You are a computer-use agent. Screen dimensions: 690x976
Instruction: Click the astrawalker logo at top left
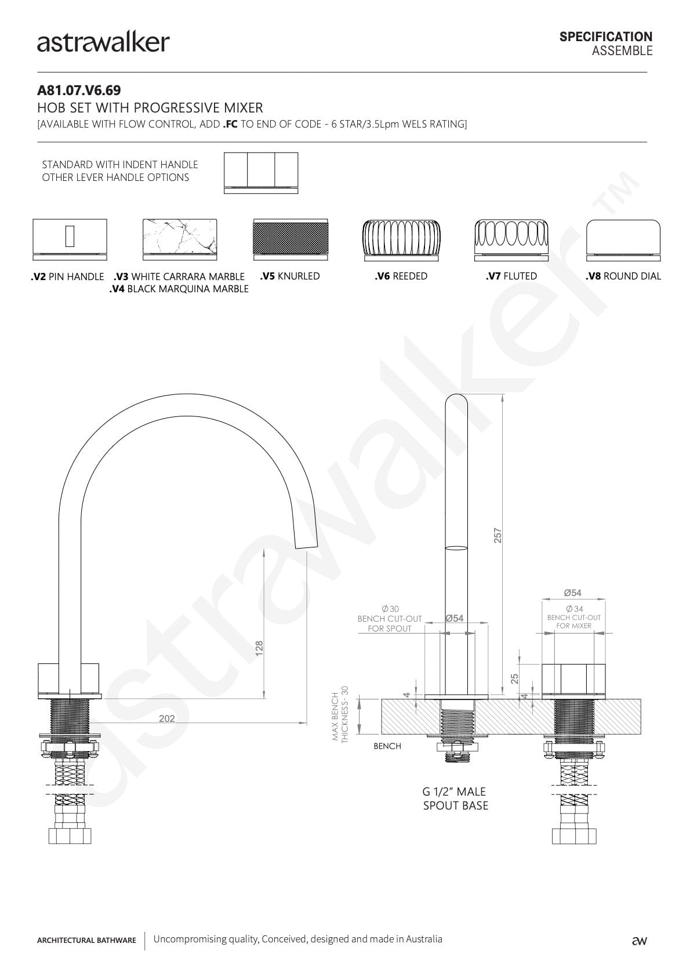tap(103, 43)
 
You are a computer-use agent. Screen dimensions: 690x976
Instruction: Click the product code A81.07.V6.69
tap(79, 90)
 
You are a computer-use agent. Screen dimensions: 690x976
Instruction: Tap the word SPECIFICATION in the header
tap(606, 37)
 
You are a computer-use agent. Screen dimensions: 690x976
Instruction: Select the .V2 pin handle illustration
tap(70, 240)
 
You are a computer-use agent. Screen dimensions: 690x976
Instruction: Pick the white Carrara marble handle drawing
tap(180, 240)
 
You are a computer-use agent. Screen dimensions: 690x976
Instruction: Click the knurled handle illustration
tap(290, 240)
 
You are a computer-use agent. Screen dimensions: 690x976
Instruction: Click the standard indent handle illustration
tap(261, 173)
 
